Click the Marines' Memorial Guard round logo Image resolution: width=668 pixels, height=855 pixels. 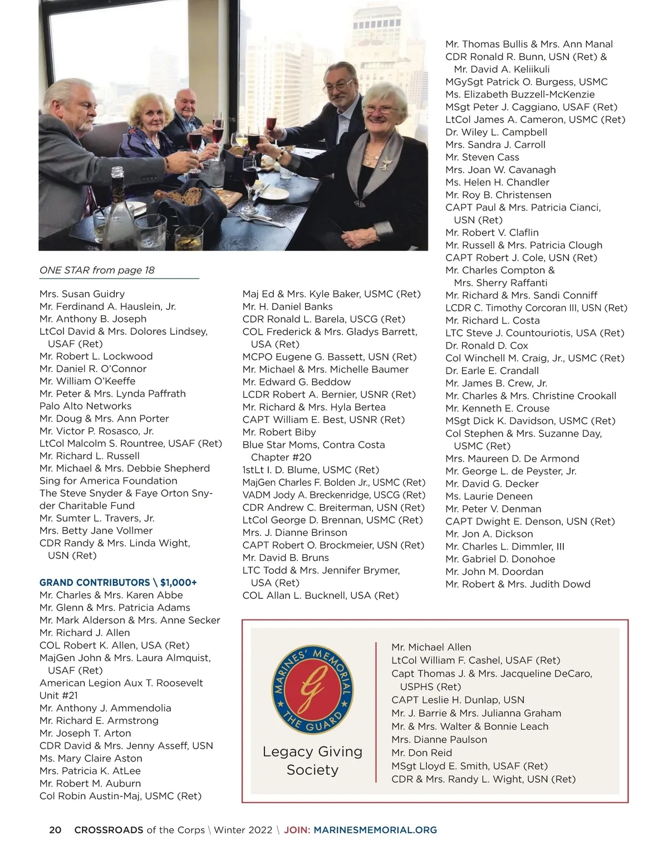[x=312, y=690]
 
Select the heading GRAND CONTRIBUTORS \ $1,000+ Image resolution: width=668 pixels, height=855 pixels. [x=118, y=583]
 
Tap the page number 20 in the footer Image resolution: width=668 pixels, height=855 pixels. [x=55, y=830]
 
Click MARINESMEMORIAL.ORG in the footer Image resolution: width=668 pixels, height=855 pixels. [x=375, y=830]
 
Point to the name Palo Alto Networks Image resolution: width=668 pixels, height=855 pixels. [x=85, y=406]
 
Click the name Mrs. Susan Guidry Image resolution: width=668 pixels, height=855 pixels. [x=82, y=294]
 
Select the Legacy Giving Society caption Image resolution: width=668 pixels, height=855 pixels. [x=312, y=760]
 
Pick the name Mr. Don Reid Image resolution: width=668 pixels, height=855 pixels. [x=421, y=753]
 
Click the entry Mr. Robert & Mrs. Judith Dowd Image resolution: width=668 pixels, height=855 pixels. [x=518, y=584]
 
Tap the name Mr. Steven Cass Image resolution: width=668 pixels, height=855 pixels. [x=482, y=157]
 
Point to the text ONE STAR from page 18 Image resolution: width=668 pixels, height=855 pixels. [x=97, y=270]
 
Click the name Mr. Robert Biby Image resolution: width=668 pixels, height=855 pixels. [x=279, y=432]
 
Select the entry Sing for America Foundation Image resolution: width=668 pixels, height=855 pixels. [x=108, y=481]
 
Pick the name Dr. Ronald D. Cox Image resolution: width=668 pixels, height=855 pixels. [x=487, y=345]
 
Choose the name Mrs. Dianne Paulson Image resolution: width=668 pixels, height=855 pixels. [x=439, y=740]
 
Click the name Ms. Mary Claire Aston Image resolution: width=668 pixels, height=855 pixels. [x=91, y=758]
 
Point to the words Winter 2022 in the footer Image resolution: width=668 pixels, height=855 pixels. [x=243, y=830]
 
